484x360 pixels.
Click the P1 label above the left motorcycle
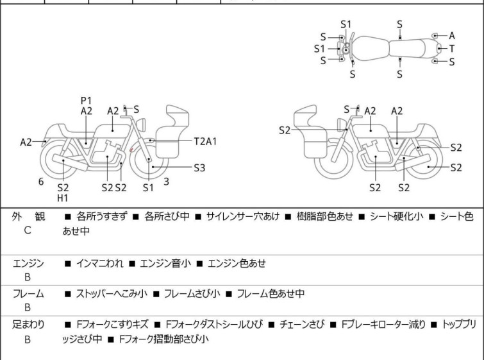[x=87, y=100]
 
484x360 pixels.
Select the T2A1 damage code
[x=205, y=140]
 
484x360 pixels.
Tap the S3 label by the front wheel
[x=200, y=167]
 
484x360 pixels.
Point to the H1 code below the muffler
[x=63, y=198]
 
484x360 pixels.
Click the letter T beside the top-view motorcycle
[x=451, y=49]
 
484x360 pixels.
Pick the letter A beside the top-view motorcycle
[x=451, y=36]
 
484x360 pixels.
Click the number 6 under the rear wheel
[x=41, y=182]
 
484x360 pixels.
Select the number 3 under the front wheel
[x=166, y=182]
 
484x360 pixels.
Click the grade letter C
[x=28, y=230]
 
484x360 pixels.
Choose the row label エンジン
[x=28, y=263]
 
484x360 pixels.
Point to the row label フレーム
[x=28, y=294]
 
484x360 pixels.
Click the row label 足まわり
[x=28, y=325]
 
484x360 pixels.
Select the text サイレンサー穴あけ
[x=242, y=217]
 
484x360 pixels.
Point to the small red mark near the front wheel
[x=131, y=151]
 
